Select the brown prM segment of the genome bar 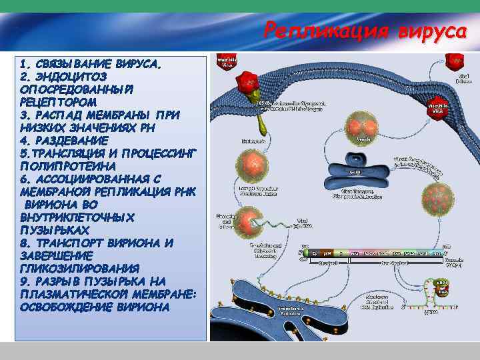tap(328, 253)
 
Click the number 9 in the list tap(24, 281)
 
